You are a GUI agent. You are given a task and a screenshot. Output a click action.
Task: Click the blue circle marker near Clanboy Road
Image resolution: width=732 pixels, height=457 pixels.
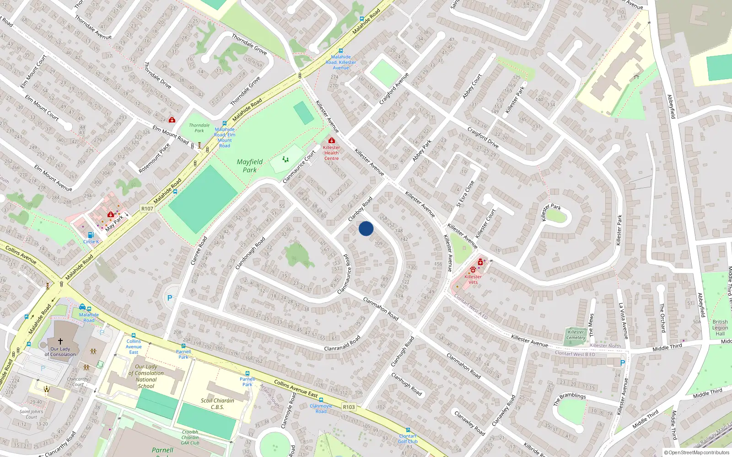point(366,228)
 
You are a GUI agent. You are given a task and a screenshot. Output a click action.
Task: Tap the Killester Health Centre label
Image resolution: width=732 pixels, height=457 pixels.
point(332,153)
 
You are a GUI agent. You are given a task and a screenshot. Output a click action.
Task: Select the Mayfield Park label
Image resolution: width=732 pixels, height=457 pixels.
point(250,165)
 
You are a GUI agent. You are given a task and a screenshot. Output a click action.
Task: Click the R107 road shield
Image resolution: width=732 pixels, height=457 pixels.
point(147,208)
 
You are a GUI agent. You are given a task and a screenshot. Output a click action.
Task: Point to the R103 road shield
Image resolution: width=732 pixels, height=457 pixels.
point(349,407)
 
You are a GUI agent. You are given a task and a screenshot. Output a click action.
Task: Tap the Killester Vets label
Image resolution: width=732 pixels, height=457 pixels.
point(473,279)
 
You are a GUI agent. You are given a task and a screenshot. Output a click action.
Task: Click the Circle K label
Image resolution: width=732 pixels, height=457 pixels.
point(91,242)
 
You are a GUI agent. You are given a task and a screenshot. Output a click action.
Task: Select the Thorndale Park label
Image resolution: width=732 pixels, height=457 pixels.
point(199,128)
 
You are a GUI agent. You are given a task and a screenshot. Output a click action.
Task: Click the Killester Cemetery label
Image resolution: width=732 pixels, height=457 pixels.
point(576,335)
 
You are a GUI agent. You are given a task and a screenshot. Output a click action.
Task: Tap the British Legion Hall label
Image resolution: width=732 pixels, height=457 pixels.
point(720,328)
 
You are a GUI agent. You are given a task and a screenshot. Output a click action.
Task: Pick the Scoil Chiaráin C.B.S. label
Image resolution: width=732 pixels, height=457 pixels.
point(217,404)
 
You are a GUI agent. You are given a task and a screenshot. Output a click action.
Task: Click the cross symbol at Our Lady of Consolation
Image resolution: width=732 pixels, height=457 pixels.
point(60,341)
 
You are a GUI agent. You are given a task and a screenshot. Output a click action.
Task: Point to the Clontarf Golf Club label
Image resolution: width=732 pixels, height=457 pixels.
point(408,439)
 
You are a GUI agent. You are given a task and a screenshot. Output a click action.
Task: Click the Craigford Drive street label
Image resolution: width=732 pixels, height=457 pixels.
point(483,137)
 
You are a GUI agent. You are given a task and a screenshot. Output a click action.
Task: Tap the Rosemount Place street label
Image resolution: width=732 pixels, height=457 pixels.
point(154,158)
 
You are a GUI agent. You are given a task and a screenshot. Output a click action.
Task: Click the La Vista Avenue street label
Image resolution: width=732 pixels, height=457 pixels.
point(623,321)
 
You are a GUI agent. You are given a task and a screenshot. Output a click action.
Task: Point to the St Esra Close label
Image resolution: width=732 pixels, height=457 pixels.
point(465,194)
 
